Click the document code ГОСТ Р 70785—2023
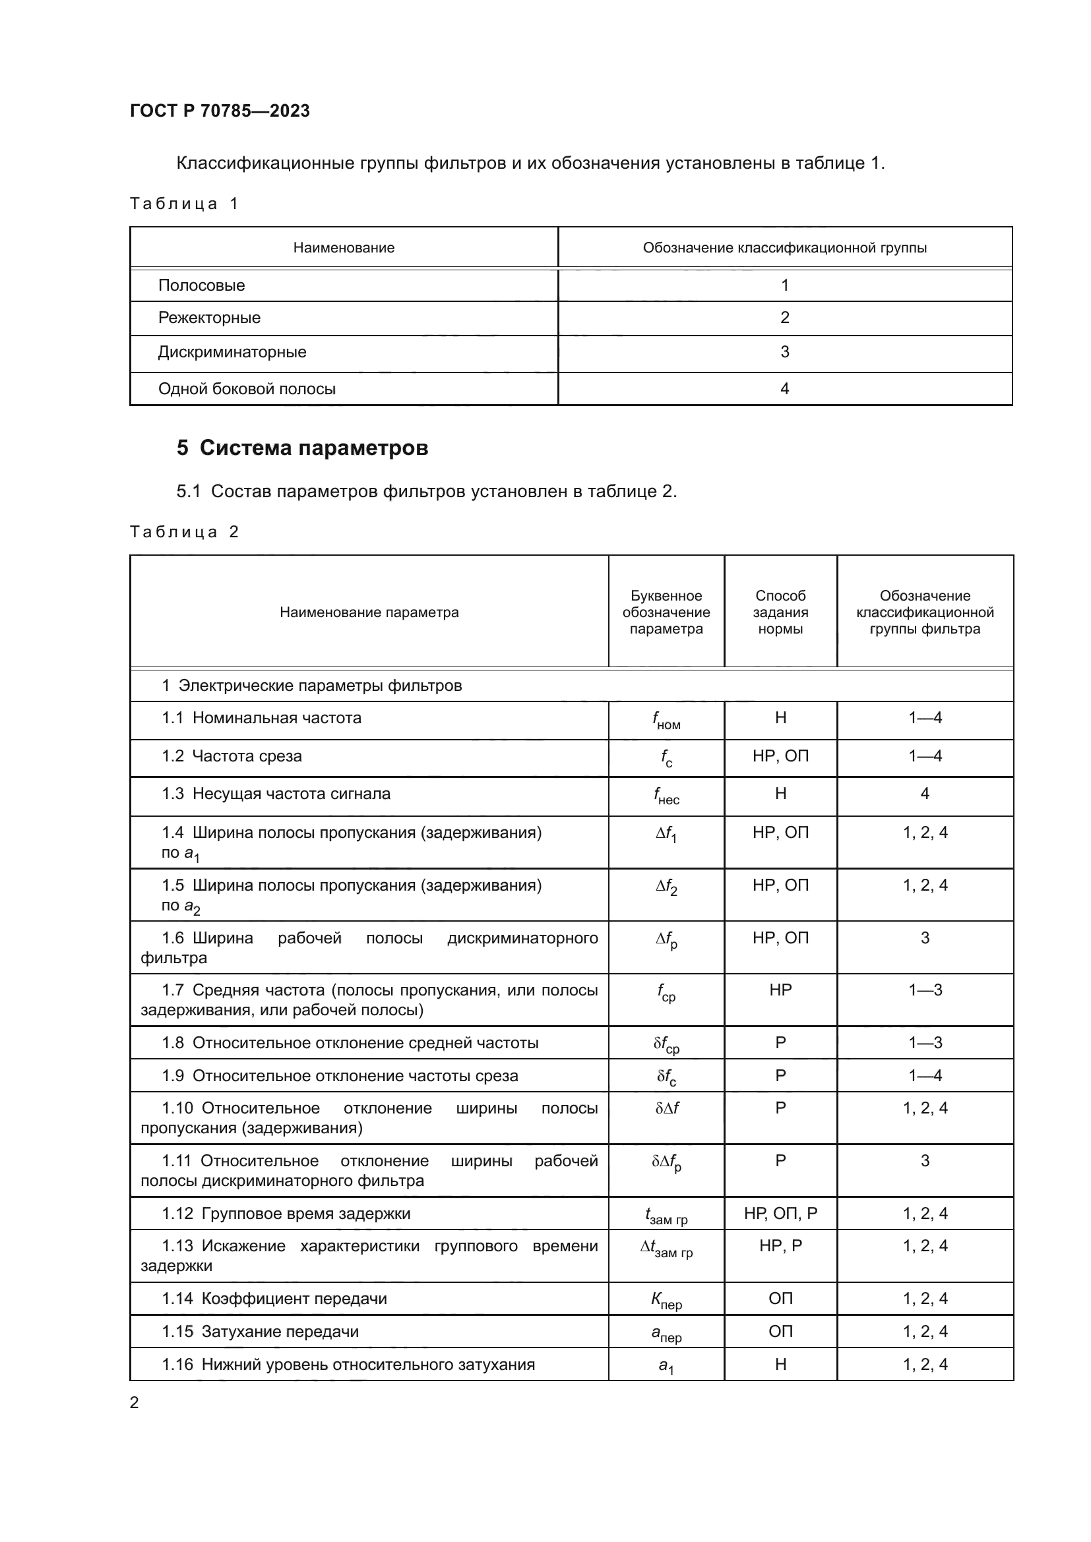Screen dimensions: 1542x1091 [220, 111]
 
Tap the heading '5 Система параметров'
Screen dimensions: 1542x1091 [302, 448]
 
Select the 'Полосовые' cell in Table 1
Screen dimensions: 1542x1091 [202, 285]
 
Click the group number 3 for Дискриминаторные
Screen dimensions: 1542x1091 [784, 352]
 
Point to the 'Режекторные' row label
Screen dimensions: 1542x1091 [209, 318]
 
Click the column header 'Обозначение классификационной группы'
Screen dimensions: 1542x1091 [784, 248]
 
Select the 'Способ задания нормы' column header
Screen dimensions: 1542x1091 [780, 612]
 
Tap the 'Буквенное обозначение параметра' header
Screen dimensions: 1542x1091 [666, 612]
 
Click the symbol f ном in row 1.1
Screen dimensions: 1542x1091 [666, 720]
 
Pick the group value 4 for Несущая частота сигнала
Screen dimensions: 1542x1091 [924, 794]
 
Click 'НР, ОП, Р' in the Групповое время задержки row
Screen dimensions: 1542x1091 [780, 1214]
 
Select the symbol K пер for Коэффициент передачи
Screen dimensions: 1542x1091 [666, 1300]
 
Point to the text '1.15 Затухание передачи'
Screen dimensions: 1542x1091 [260, 1331]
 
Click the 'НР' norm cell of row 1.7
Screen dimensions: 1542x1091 [780, 990]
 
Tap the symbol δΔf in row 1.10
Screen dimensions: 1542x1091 [666, 1108]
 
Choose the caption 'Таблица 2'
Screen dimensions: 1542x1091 [184, 532]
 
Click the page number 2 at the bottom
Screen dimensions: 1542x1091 [135, 1402]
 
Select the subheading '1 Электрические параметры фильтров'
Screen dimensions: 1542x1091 [311, 686]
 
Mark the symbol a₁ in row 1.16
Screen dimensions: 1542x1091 [666, 1366]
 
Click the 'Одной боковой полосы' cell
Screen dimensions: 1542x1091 [247, 389]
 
